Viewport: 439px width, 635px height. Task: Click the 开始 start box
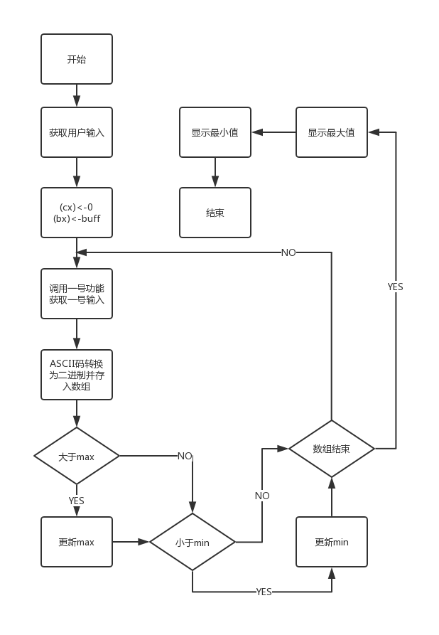tap(77, 60)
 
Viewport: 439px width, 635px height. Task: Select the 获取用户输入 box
tap(77, 132)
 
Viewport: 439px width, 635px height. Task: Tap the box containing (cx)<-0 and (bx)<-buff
tap(77, 213)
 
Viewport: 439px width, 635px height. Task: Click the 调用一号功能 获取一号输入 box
tap(77, 294)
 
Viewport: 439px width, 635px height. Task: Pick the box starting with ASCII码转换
tap(77, 374)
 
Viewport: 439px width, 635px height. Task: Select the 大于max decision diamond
tap(77, 456)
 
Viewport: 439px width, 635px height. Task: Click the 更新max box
tap(77, 542)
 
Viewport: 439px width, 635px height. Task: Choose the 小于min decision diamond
tap(192, 542)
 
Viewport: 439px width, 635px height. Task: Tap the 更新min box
tap(332, 542)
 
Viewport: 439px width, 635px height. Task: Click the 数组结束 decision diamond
tap(332, 449)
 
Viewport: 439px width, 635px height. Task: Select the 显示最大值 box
tap(332, 132)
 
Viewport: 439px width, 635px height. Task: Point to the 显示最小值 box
tap(215, 132)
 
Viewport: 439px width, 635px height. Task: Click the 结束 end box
tap(215, 213)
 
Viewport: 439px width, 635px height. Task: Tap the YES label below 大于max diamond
tap(77, 501)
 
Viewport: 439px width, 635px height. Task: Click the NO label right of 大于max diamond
tap(185, 456)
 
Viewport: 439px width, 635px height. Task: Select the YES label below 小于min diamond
tap(264, 592)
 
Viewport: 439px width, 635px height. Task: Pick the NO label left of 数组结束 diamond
tap(262, 496)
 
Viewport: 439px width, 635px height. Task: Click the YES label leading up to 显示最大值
tap(395, 287)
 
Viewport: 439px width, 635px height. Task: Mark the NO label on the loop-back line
tap(288, 252)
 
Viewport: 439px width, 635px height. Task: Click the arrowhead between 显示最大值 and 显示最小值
tap(256, 132)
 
